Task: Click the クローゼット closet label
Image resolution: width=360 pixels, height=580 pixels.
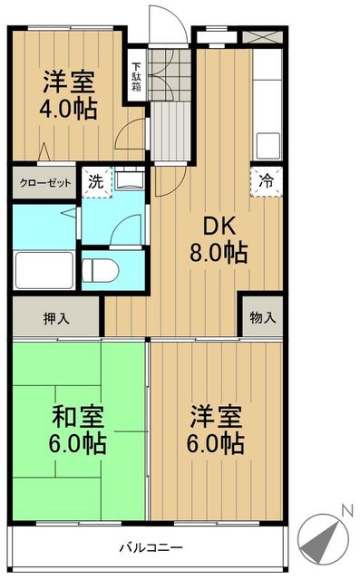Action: [x=45, y=181]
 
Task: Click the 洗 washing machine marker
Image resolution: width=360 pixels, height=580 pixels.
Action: [x=95, y=180]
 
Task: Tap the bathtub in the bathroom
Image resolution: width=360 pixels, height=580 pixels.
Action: [x=45, y=269]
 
